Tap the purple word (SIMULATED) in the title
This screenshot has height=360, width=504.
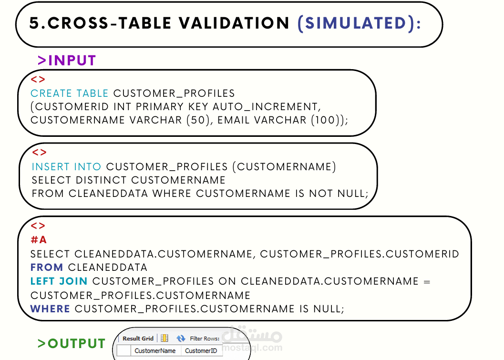coord(359,23)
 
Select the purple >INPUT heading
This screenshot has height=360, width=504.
coord(67,61)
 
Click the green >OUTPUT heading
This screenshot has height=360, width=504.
coord(72,343)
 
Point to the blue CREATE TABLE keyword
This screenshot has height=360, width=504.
coord(70,93)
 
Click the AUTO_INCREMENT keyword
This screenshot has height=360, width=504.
coord(265,107)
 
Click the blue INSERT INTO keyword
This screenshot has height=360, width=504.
coord(66,167)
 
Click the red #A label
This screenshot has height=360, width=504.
coord(39,240)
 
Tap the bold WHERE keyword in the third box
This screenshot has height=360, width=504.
coord(50,309)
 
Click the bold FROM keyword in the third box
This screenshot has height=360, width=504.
coord(47,267)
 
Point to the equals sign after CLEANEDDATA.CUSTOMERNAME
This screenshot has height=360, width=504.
coord(427,281)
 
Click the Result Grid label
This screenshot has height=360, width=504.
coord(138,339)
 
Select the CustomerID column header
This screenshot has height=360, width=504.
coord(201,351)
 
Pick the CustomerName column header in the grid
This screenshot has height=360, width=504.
coord(155,351)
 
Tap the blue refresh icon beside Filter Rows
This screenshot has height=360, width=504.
coord(181,339)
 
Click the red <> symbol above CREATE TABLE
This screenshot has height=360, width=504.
coord(38,80)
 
